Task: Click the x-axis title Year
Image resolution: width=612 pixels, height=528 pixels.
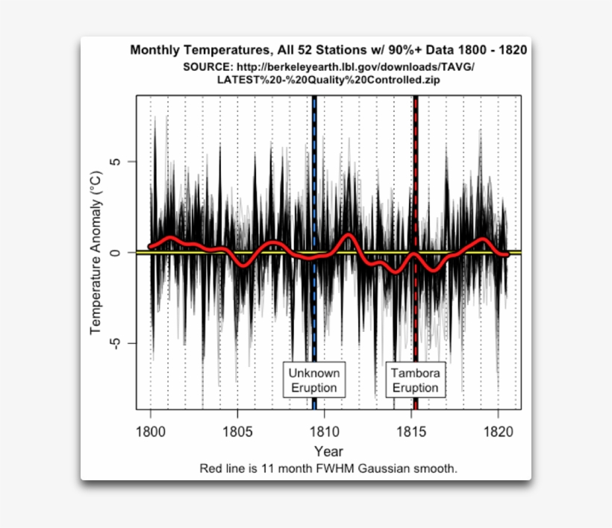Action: pyautogui.click(x=328, y=451)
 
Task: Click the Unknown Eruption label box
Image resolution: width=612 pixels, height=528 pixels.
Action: pyautogui.click(x=313, y=380)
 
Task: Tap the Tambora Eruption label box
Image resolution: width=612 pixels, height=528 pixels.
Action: pyautogui.click(x=416, y=380)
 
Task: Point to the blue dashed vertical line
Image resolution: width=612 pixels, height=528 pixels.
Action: pyautogui.click(x=314, y=186)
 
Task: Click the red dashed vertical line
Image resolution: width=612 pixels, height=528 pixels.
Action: pyautogui.click(x=416, y=186)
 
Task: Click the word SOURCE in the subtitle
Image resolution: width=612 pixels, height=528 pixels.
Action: pyautogui.click(x=207, y=67)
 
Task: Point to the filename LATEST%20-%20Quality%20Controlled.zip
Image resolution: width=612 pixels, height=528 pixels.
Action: pyautogui.click(x=328, y=80)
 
